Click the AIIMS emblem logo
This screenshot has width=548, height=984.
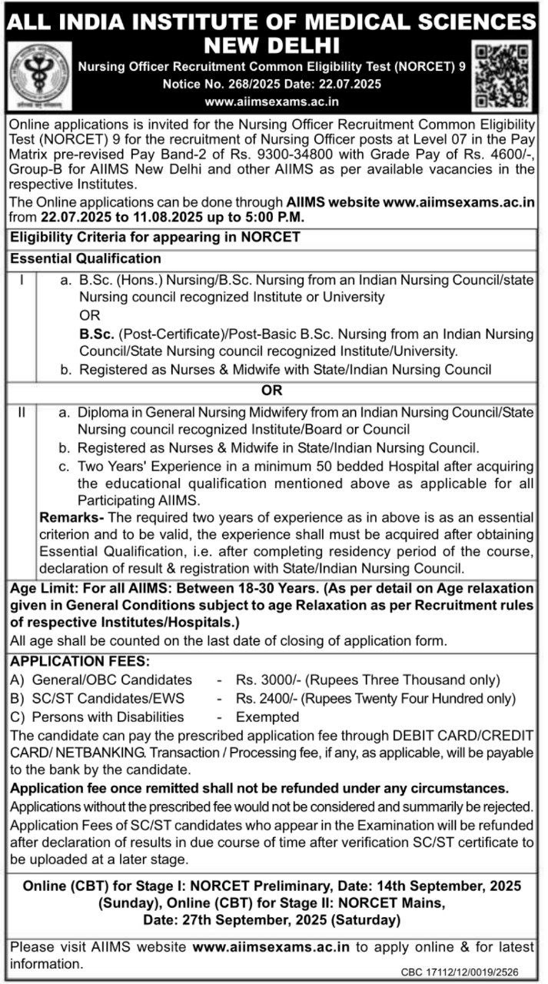[x=35, y=75]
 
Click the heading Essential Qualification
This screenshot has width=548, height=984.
[x=85, y=259]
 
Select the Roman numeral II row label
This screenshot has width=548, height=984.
[x=22, y=414]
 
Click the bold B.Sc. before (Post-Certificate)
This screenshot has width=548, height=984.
[x=96, y=334]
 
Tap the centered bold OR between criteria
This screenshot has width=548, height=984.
[x=274, y=391]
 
